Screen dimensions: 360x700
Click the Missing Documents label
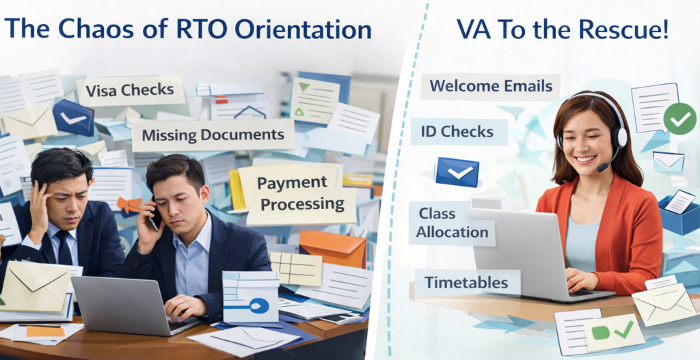pos(213,135)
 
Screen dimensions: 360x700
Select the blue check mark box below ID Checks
pos(457,172)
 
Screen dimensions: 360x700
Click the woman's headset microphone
pos(602,167)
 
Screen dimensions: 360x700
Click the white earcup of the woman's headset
pos(620,137)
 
